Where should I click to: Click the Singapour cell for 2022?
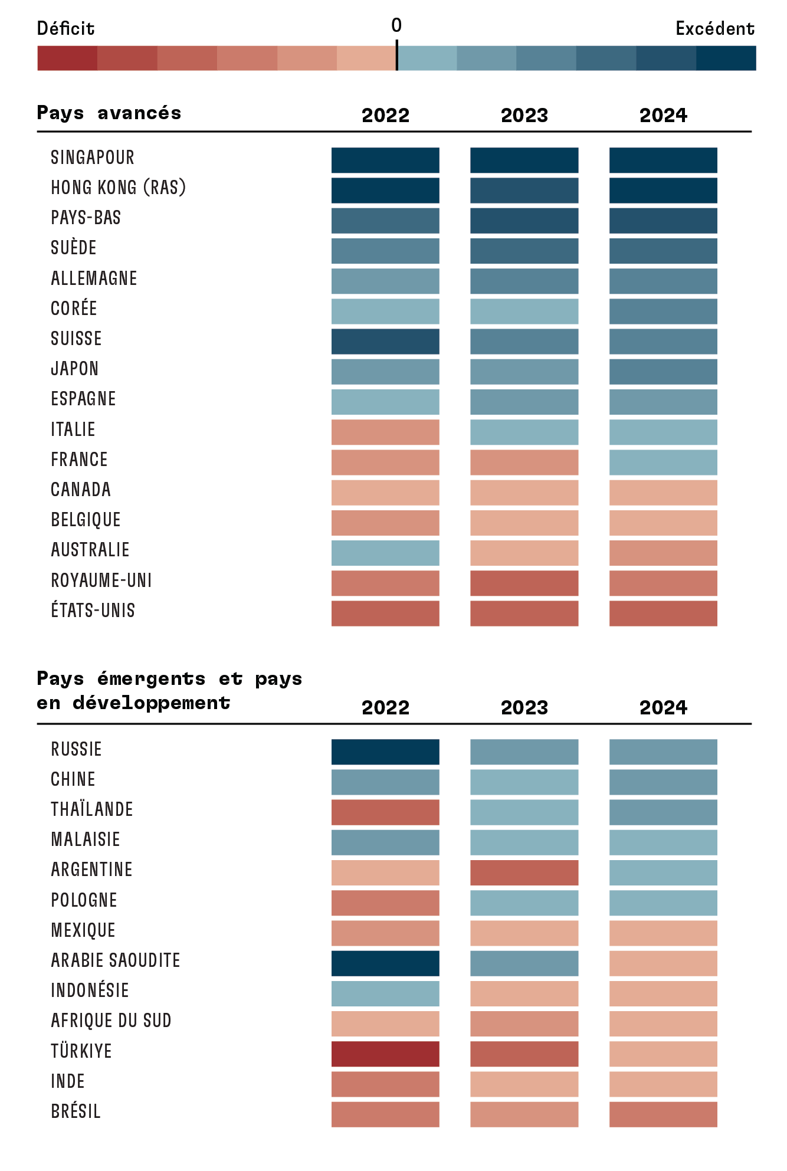(x=385, y=160)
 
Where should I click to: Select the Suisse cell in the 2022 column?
(x=385, y=341)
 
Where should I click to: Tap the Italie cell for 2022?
(x=385, y=432)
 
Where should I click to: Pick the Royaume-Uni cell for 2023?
(x=524, y=583)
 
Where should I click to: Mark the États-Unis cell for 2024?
(x=663, y=613)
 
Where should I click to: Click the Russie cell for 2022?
(x=385, y=752)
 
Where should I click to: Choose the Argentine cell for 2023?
(x=524, y=872)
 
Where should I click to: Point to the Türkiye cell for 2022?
(x=385, y=1054)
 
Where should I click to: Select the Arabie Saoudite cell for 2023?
(x=524, y=963)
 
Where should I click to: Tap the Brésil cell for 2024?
(x=663, y=1114)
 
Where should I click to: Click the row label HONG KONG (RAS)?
(x=118, y=188)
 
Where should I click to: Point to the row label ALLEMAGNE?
(x=94, y=278)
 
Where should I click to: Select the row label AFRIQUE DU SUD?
(x=111, y=1021)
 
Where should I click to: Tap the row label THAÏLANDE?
(x=92, y=809)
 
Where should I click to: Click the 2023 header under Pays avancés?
(x=524, y=115)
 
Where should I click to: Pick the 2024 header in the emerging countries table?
(x=663, y=707)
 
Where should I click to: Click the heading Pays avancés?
(x=109, y=113)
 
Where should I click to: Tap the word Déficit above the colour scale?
(x=65, y=28)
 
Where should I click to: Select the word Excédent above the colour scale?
(x=714, y=28)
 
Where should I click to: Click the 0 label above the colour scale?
(x=396, y=25)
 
